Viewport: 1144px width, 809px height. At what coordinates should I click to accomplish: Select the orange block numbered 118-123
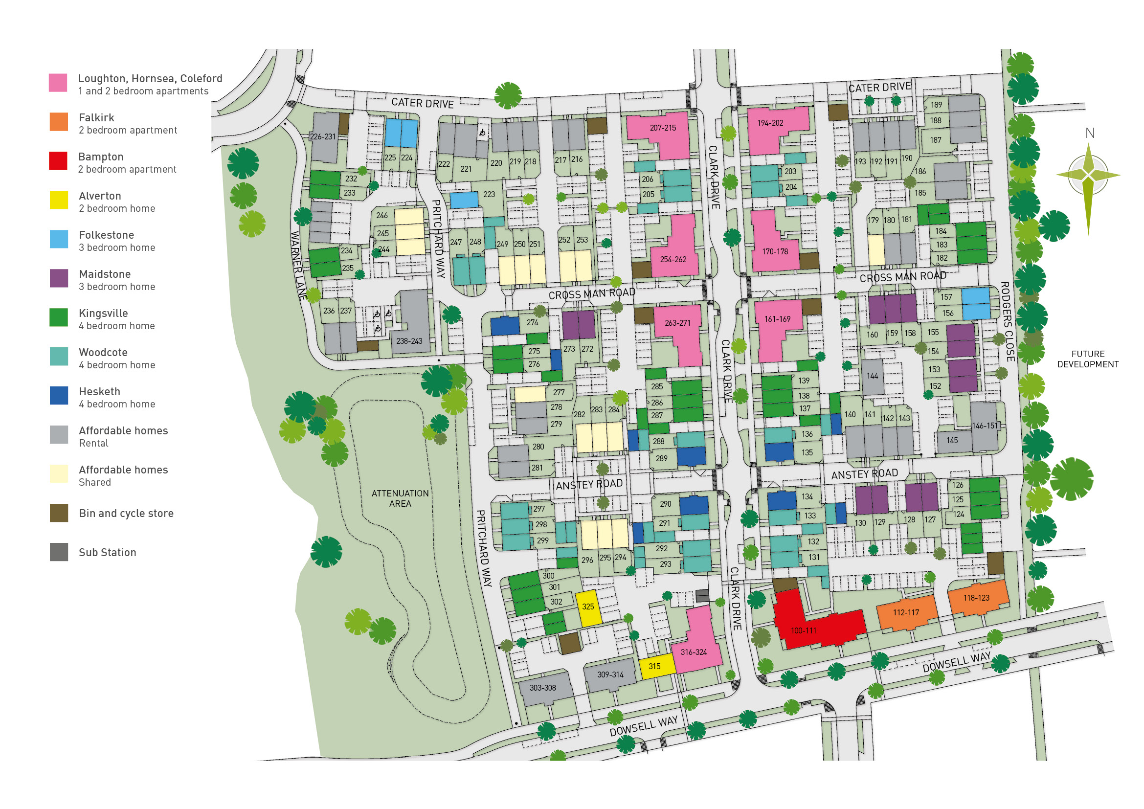pyautogui.click(x=977, y=598)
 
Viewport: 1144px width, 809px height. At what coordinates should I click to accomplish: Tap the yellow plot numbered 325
pyautogui.click(x=588, y=608)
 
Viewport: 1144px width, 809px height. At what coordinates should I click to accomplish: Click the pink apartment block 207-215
pyautogui.click(x=662, y=129)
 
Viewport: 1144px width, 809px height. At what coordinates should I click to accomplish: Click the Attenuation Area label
pyautogui.click(x=400, y=498)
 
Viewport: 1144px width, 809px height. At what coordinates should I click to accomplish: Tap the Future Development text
pyautogui.click(x=1088, y=359)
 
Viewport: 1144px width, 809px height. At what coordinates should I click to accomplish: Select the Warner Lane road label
pyautogui.click(x=297, y=265)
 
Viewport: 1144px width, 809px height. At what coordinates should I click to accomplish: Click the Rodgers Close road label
pyautogui.click(x=1007, y=322)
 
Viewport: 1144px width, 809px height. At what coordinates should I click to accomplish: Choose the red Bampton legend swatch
pyautogui.click(x=58, y=161)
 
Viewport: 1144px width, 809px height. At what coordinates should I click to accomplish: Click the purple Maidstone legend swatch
pyautogui.click(x=59, y=278)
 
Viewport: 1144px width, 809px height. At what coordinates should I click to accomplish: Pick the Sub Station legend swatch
pyautogui.click(x=59, y=552)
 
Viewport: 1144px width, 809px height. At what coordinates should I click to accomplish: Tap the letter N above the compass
pyautogui.click(x=1090, y=134)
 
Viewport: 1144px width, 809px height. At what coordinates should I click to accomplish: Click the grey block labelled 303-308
pyautogui.click(x=543, y=688)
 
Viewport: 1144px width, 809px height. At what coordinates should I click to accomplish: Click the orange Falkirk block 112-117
pyautogui.click(x=906, y=613)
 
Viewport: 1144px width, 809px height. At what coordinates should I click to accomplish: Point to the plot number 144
pyautogui.click(x=872, y=377)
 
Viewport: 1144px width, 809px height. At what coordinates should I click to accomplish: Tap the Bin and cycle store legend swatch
pyautogui.click(x=59, y=514)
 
